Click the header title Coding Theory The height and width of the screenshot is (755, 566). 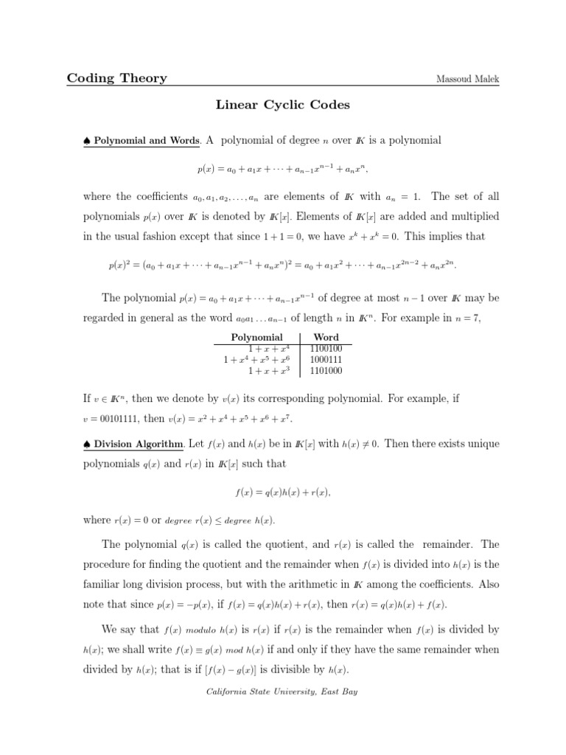point(117,78)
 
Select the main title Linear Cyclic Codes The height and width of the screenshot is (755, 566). point(283,105)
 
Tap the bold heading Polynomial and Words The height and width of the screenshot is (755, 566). point(147,141)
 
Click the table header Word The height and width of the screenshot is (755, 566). point(326,337)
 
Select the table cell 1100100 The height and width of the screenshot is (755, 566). point(326,348)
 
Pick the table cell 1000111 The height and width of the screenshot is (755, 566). point(326,359)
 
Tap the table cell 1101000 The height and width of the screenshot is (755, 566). point(326,370)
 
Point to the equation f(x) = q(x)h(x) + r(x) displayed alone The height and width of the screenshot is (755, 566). point(283,492)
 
